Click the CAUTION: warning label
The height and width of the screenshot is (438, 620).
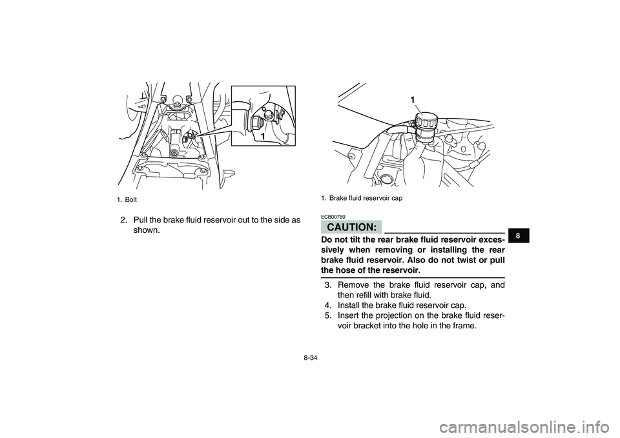(351, 227)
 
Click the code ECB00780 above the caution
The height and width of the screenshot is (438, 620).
(333, 217)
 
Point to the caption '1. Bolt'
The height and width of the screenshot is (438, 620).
(127, 200)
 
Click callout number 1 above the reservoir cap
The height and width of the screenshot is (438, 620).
(413, 101)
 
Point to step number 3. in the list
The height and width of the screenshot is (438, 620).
(329, 285)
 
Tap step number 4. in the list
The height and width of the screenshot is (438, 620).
(329, 305)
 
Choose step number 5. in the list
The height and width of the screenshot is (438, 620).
(329, 315)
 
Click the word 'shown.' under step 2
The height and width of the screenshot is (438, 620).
(147, 230)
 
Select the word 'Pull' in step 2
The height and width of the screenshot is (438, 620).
(140, 219)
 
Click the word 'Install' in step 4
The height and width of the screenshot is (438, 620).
(349, 305)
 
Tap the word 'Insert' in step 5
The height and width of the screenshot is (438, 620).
(348, 315)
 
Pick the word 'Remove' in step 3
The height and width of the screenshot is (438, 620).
(352, 285)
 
